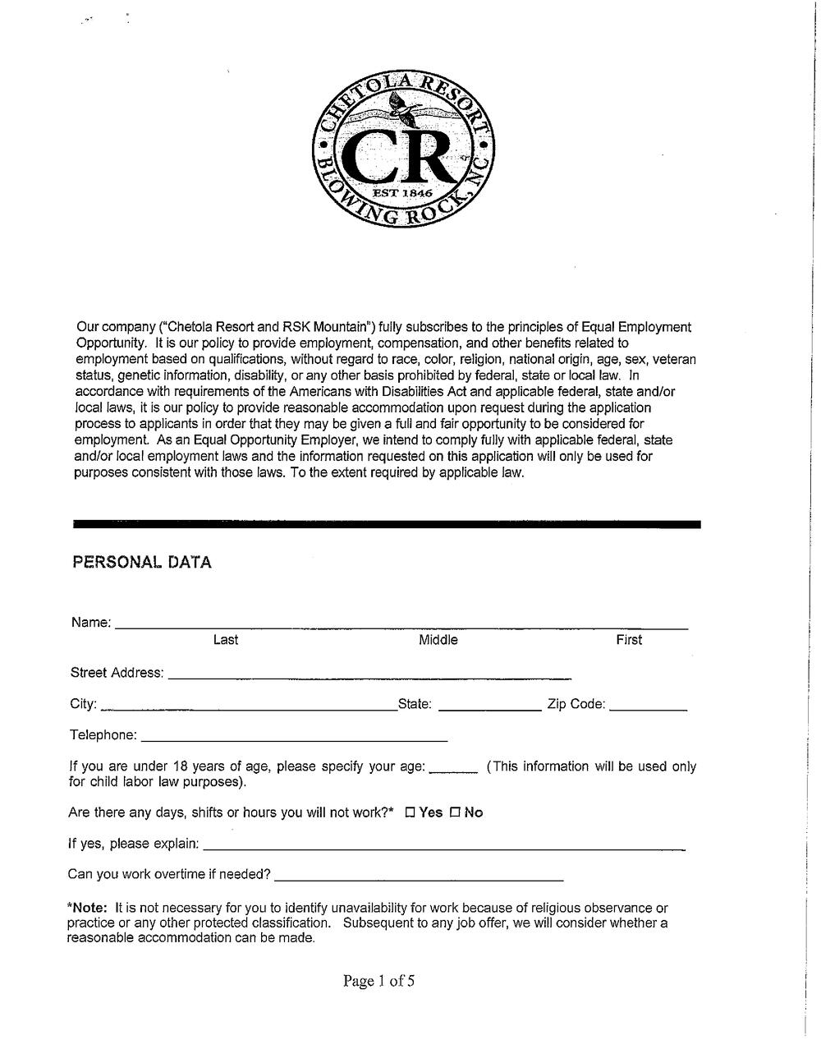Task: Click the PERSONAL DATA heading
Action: (x=142, y=563)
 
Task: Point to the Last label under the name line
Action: (x=226, y=640)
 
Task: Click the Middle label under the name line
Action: (x=438, y=640)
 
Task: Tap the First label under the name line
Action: (x=629, y=640)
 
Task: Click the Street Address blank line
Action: (x=369, y=677)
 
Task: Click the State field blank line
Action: (x=490, y=707)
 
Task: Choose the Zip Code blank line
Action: (x=649, y=707)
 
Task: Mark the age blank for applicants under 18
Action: (x=453, y=771)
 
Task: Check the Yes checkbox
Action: (x=410, y=813)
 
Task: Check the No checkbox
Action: (x=455, y=813)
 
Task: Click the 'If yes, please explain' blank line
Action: (x=443, y=847)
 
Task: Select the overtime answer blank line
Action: (x=419, y=878)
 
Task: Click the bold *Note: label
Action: (x=89, y=909)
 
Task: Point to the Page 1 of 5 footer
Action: (x=379, y=981)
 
